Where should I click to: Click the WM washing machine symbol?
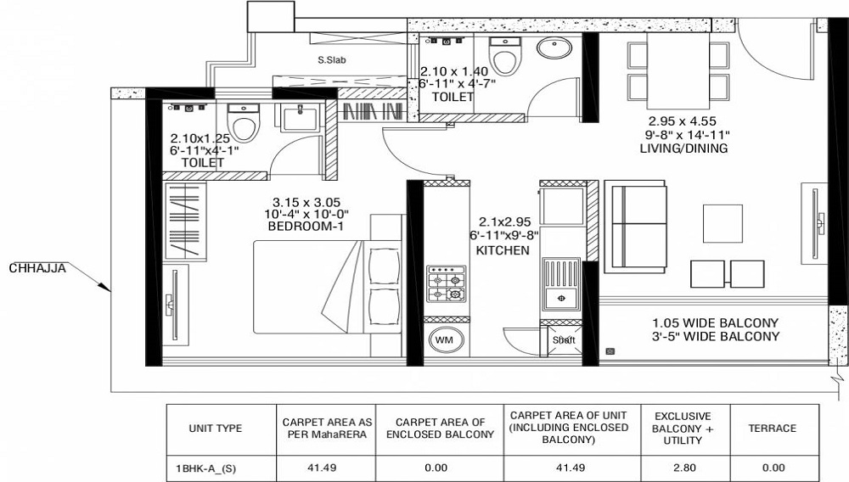pyautogui.click(x=444, y=340)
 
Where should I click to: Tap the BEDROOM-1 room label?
pyautogui.click(x=306, y=227)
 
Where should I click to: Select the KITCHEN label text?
pyautogui.click(x=503, y=250)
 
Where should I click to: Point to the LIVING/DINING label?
pyautogui.click(x=683, y=149)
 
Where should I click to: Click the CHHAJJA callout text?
pyautogui.click(x=37, y=268)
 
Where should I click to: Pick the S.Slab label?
pyautogui.click(x=331, y=60)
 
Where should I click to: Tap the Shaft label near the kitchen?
pyautogui.click(x=564, y=340)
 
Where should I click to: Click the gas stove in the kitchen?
pyautogui.click(x=447, y=284)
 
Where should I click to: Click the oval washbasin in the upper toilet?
pyautogui.click(x=554, y=48)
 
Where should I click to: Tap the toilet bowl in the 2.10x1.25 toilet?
pyautogui.click(x=243, y=122)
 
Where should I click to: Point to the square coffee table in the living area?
pyautogui.click(x=722, y=223)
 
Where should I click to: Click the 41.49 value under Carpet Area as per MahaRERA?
pyautogui.click(x=325, y=468)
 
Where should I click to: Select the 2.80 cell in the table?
pyautogui.click(x=684, y=468)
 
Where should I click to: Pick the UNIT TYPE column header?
pyautogui.click(x=216, y=429)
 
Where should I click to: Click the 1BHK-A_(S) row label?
pyautogui.click(x=205, y=468)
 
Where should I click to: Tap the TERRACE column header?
pyautogui.click(x=772, y=429)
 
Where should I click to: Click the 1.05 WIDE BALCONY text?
pyautogui.click(x=715, y=323)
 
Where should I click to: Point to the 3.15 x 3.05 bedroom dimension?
pyautogui.click(x=306, y=202)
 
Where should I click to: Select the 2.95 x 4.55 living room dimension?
pyautogui.click(x=683, y=121)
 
